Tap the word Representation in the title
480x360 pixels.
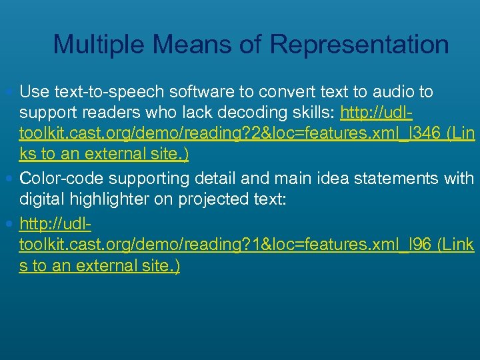pos(359,45)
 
